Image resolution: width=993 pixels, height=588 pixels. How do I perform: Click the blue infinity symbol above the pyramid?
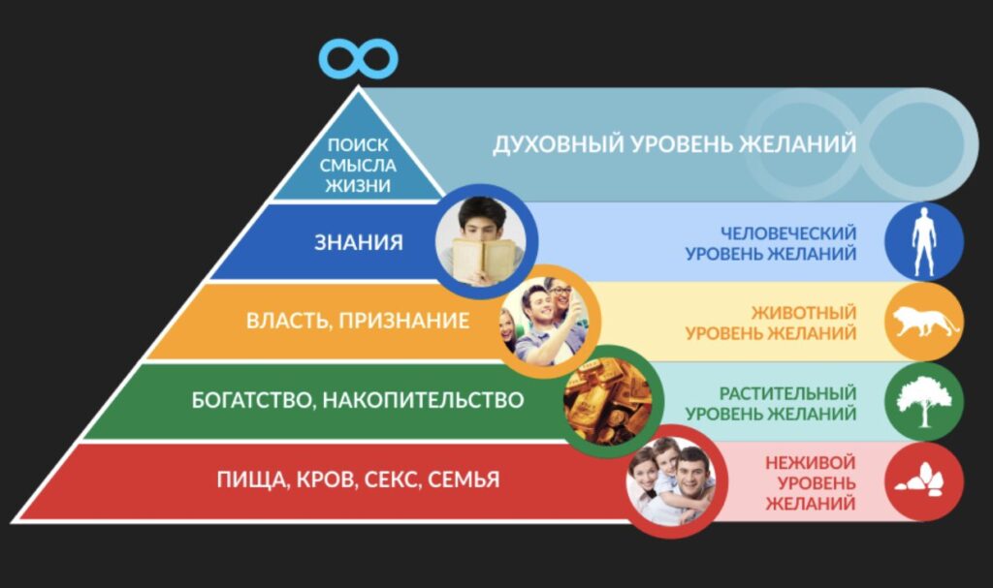[x=359, y=58]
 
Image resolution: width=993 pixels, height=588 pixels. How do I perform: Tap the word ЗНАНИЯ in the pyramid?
[x=358, y=242]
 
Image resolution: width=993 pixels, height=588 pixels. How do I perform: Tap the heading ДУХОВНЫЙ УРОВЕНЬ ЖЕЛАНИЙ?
[x=674, y=144]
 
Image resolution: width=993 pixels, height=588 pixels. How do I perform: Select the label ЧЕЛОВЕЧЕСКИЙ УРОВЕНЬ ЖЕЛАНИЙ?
[x=771, y=243]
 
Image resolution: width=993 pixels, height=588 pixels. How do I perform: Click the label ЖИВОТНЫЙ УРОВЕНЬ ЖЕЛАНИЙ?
[x=771, y=323]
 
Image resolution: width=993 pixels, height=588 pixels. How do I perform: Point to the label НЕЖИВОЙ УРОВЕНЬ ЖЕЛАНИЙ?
[x=810, y=482]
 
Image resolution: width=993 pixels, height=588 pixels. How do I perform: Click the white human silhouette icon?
[x=922, y=240]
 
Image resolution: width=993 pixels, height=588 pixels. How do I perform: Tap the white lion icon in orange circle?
[x=923, y=321]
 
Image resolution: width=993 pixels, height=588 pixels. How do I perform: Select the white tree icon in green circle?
[x=923, y=400]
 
